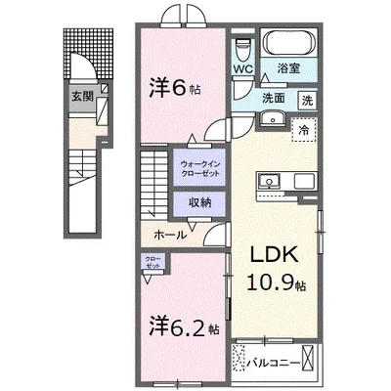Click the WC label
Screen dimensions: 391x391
pyautogui.click(x=242, y=69)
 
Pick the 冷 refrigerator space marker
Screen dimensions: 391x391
pyautogui.click(x=305, y=130)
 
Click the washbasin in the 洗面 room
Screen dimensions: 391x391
pyautogui.click(x=273, y=120)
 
